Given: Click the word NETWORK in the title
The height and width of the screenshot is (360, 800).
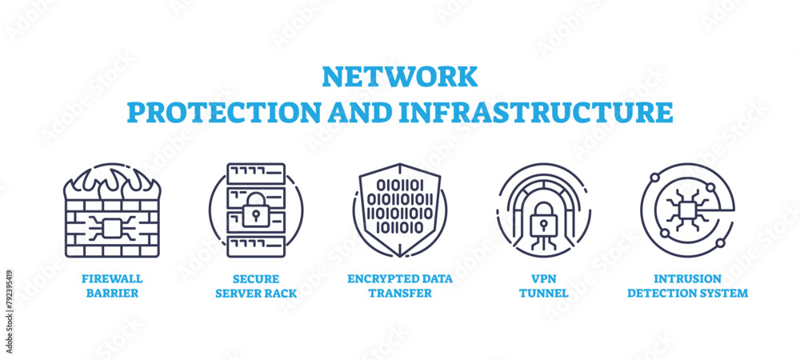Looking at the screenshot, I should click(x=399, y=77).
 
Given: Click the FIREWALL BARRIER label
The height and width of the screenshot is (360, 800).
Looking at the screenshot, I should click(x=112, y=286).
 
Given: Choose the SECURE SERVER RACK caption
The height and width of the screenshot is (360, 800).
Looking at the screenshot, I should click(x=256, y=286).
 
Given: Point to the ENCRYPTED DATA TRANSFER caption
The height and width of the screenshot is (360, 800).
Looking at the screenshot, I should click(x=400, y=286).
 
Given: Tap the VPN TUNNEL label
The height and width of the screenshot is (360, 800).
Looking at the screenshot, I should click(x=543, y=286).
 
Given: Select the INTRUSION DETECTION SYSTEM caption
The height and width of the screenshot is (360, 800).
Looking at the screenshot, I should click(x=687, y=286).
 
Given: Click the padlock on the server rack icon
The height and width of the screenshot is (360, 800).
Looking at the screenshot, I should click(x=255, y=210).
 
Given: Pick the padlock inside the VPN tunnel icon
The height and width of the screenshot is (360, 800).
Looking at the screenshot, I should click(x=543, y=214).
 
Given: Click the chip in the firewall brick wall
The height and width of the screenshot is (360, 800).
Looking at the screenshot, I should click(x=111, y=228).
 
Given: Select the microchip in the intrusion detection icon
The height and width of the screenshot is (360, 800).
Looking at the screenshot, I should click(x=686, y=210).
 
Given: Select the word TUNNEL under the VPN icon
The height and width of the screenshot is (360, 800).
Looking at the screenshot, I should click(x=543, y=293).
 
